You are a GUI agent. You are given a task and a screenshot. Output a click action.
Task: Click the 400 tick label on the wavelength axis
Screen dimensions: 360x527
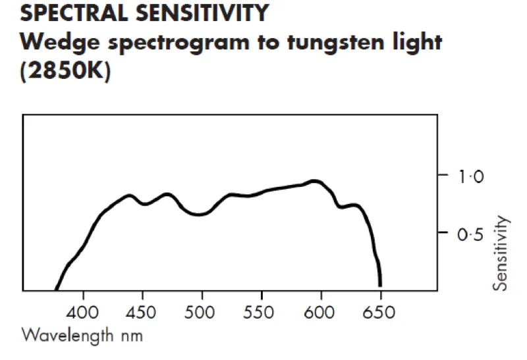[x=83, y=311]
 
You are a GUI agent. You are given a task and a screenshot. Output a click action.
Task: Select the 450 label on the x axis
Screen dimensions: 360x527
[x=142, y=311]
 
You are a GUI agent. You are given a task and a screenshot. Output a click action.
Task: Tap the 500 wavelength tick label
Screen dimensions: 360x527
[x=202, y=311]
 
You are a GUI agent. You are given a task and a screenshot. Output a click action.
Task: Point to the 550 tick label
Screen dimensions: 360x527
[x=262, y=311]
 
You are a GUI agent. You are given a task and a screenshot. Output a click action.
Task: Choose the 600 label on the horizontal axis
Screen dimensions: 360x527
[x=321, y=311]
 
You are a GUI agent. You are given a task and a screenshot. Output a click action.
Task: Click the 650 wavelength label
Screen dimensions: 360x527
[x=380, y=311]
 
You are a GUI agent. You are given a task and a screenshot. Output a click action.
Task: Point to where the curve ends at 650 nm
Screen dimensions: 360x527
[x=380, y=284]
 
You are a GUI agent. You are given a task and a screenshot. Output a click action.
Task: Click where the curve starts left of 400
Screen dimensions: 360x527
[x=56, y=288]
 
